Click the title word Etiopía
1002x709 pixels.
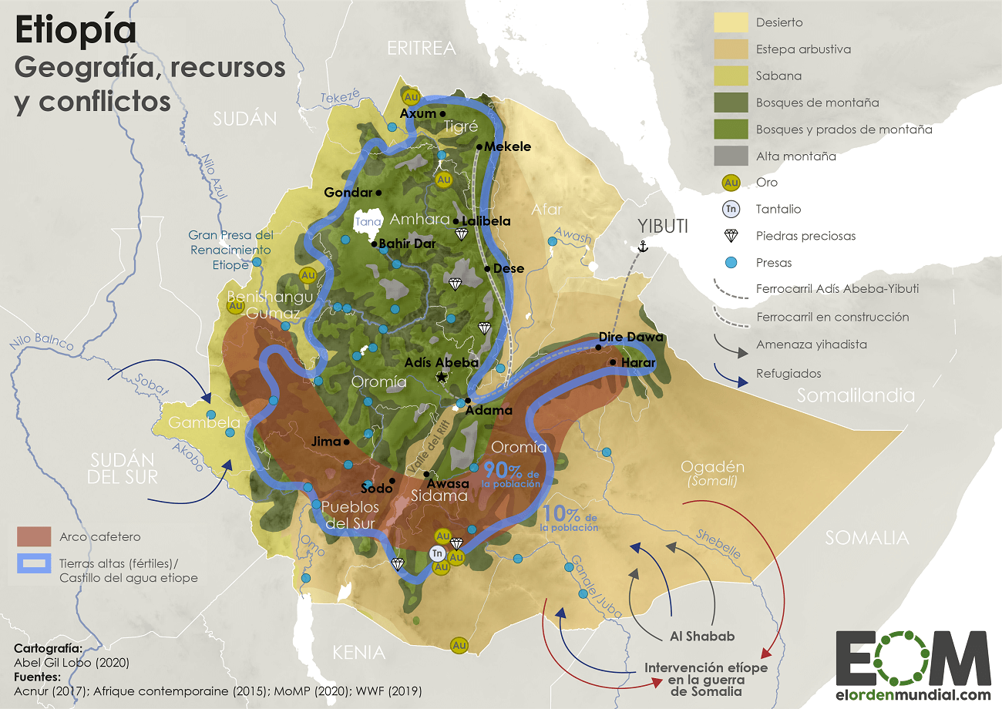[x=76, y=32]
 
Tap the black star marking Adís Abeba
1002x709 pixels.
[x=442, y=377]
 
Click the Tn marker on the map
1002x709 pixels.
[x=437, y=553]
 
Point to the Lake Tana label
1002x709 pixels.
[x=365, y=222]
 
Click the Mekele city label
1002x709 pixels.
[x=507, y=146]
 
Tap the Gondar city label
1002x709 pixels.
[x=348, y=192]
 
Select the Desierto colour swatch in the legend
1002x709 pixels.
[x=731, y=22]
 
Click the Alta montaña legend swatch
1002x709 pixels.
[x=731, y=156]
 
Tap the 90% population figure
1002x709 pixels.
[x=496, y=469]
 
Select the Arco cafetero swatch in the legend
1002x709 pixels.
[x=33, y=536]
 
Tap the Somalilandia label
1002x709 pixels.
[x=856, y=395]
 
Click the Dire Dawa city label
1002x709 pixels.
[x=630, y=337]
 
